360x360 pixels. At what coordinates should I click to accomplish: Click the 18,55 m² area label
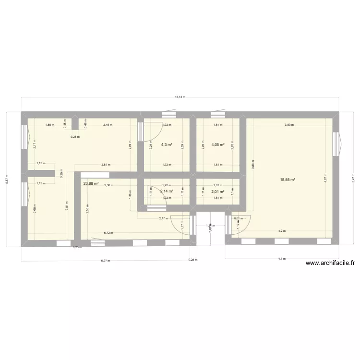tap(288, 180)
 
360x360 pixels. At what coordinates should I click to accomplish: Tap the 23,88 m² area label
tap(91, 183)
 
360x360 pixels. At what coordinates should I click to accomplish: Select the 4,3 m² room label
tap(167, 144)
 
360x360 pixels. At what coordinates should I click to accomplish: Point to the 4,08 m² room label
tap(218, 144)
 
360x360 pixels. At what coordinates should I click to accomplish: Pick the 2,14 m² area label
tap(167, 191)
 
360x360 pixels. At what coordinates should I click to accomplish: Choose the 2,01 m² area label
tap(218, 192)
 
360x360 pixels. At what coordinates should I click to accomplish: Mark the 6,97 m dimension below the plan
tap(105, 261)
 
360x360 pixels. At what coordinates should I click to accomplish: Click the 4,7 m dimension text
tap(282, 259)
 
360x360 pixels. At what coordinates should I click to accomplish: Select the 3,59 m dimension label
tap(289, 125)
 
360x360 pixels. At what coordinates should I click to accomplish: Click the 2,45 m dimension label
tap(107, 125)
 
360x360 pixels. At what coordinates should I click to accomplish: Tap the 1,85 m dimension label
tap(49, 125)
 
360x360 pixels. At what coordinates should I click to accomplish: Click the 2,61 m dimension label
tap(106, 165)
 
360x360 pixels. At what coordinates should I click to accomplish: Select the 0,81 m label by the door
tap(237, 219)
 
